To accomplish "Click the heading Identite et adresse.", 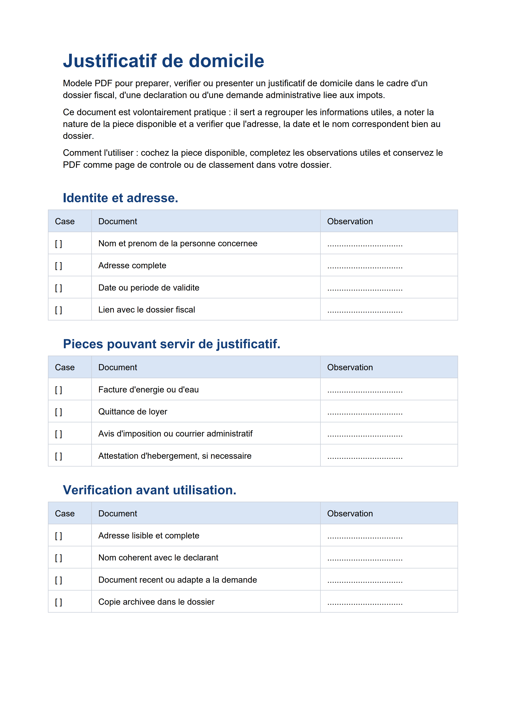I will (120, 198).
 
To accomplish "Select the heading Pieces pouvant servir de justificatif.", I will (171, 344).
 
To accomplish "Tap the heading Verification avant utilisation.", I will (150, 490).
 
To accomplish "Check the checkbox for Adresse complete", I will (59, 266).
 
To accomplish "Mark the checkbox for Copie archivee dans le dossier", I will (59, 602).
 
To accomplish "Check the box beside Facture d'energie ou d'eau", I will (59, 390).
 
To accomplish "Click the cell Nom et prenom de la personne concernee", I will (178, 243).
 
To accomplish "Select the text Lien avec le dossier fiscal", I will (146, 310).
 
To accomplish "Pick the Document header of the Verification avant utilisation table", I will (118, 514).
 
